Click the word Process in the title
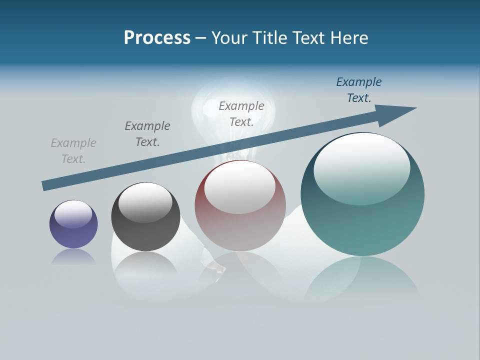pos(157,38)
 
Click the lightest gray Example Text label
pos(73,151)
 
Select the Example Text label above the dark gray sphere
pos(147,134)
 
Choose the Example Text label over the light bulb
pos(241,114)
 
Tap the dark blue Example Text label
pos(359,90)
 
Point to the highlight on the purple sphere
pos(73,214)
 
